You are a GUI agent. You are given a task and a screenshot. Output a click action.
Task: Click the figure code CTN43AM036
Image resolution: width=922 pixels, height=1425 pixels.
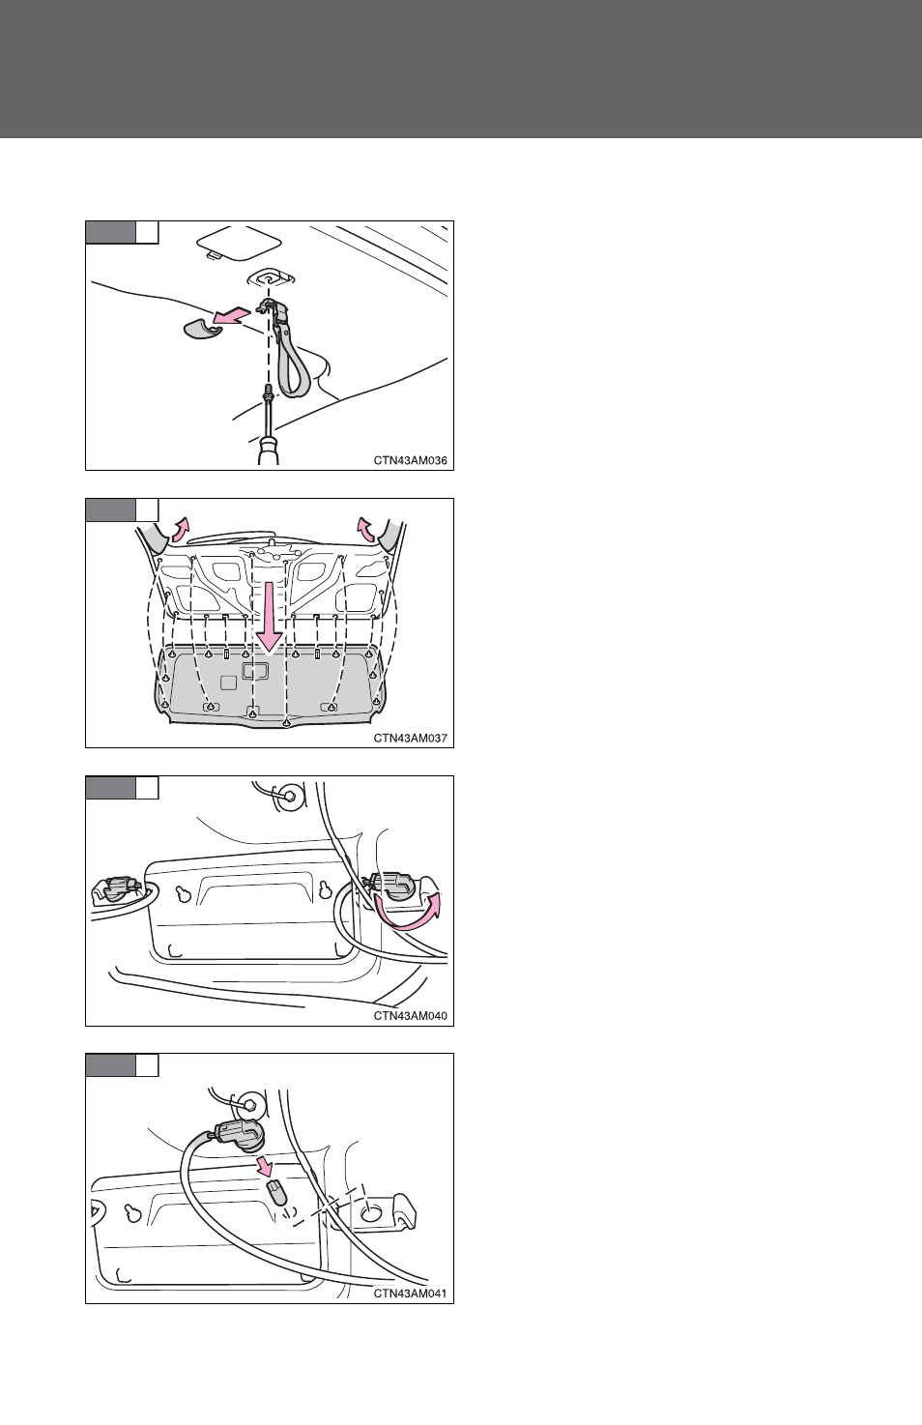tap(410, 460)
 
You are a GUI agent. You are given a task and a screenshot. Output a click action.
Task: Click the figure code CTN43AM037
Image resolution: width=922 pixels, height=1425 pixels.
tap(410, 738)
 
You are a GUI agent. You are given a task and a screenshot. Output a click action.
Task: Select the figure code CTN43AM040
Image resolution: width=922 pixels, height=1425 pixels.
tap(410, 1015)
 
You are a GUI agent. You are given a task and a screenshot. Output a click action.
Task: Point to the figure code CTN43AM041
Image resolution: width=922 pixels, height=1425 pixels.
tap(410, 1293)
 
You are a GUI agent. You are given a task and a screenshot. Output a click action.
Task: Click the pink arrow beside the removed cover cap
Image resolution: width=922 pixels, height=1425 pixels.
tap(230, 315)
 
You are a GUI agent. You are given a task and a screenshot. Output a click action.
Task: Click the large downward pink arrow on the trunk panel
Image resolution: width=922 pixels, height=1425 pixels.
tap(270, 617)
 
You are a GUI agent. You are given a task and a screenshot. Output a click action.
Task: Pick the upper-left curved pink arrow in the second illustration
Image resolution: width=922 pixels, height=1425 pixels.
tap(180, 528)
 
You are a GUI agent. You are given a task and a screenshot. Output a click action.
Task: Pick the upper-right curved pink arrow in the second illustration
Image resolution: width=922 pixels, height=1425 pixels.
tap(366, 528)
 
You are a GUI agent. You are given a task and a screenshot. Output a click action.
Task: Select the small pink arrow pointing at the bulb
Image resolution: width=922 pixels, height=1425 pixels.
tap(265, 1167)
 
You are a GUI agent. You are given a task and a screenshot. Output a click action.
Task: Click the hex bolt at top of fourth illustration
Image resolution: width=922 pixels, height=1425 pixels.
tap(249, 1104)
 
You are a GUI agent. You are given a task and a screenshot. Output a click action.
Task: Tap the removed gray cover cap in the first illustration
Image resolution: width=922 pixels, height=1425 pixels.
tap(200, 330)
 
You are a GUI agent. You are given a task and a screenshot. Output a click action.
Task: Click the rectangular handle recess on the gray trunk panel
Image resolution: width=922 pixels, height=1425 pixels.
tap(254, 671)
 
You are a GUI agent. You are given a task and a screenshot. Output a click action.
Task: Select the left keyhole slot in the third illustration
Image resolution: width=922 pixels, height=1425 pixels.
tap(184, 894)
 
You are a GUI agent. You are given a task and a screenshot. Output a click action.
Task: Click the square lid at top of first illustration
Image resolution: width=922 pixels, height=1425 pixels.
tap(239, 243)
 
